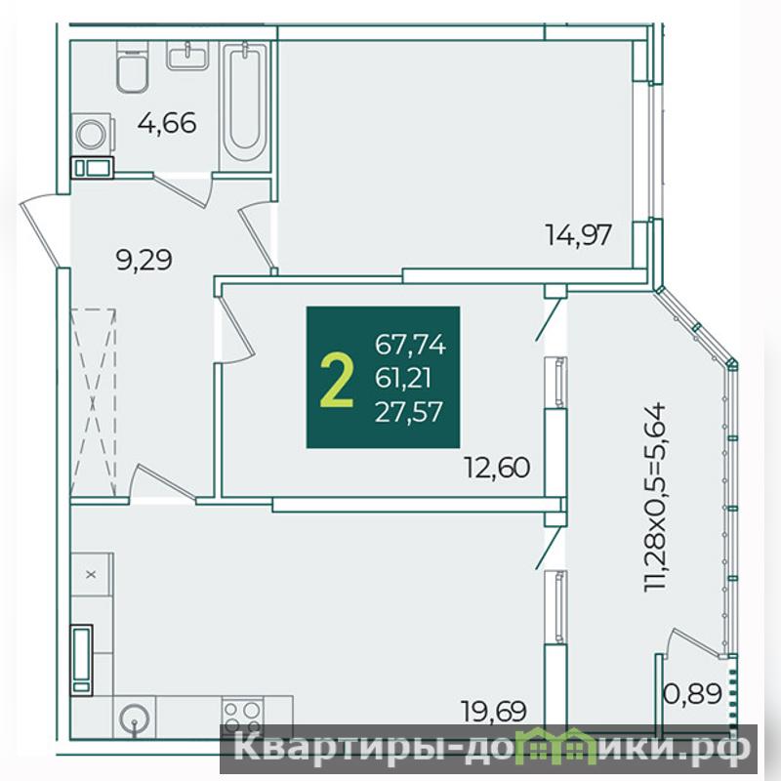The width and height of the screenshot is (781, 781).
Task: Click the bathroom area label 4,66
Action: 167,123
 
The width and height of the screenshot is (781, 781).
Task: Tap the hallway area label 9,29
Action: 144,260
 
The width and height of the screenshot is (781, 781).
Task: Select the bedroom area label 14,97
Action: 578,235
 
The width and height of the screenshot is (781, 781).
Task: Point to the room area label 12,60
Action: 497,468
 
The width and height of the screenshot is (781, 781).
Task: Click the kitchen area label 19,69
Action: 494,711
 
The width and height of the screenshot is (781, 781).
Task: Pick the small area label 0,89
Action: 693,693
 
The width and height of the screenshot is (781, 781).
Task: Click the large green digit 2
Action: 337,378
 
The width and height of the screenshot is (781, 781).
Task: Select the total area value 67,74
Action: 410,345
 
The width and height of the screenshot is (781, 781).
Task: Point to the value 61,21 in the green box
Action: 402,379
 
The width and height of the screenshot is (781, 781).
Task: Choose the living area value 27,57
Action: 409,412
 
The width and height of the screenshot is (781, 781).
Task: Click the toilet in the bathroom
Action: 133,66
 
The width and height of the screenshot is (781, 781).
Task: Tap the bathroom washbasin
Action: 187,56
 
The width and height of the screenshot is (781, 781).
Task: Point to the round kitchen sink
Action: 135,718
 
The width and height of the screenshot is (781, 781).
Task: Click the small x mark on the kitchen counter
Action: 91,574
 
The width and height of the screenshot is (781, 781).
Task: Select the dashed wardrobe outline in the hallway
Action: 93,402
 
